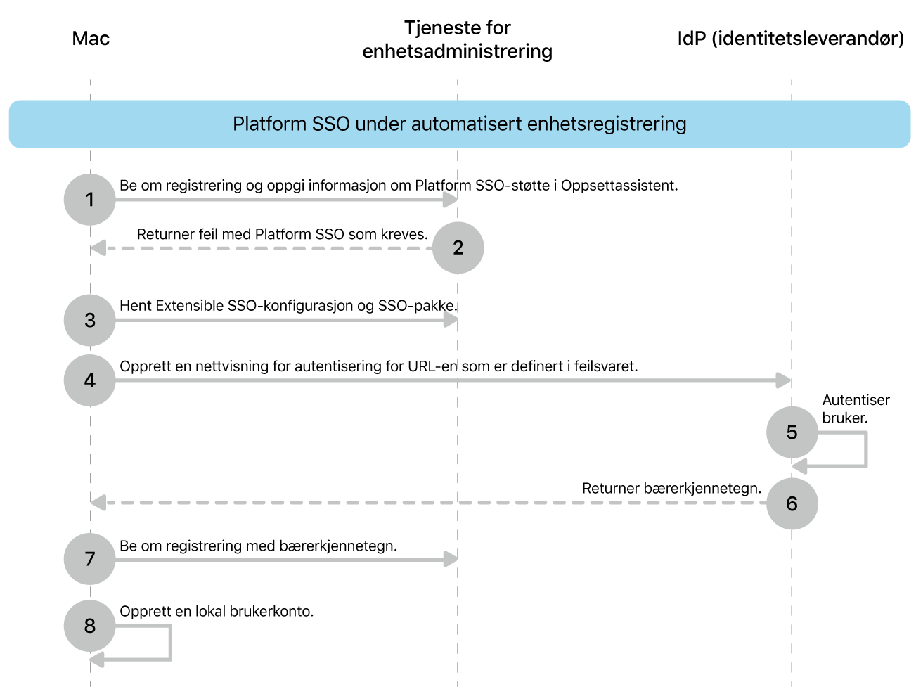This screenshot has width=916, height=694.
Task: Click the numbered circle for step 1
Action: coord(89,200)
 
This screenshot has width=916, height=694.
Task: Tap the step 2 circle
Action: coord(458,248)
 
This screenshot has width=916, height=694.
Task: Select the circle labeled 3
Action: coord(89,320)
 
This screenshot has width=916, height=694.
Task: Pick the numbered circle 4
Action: coord(89,380)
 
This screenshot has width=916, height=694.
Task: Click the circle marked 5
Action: coord(792,432)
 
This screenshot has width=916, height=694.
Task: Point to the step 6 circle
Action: coord(792,503)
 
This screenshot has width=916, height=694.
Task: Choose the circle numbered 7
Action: coord(89,559)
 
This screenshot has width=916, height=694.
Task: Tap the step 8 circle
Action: coord(89,626)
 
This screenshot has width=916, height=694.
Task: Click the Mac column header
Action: coord(91,38)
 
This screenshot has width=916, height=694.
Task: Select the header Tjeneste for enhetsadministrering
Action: coord(457,39)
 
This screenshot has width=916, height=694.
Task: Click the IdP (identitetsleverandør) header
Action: coord(790,38)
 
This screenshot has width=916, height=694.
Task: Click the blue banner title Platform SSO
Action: coord(459,124)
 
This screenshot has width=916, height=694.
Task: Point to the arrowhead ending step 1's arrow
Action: coord(451,200)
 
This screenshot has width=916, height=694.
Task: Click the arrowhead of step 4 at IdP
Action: coord(784,380)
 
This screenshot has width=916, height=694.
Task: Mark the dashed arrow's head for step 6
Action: coord(98,503)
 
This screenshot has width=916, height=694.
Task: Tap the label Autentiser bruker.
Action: coord(856,409)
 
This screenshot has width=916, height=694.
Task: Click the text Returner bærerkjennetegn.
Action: coord(671,488)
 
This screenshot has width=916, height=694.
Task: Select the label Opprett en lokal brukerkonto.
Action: coord(217,611)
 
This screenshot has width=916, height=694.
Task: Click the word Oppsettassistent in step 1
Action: coord(619,186)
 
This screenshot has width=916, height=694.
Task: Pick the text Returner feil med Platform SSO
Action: coord(282,234)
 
